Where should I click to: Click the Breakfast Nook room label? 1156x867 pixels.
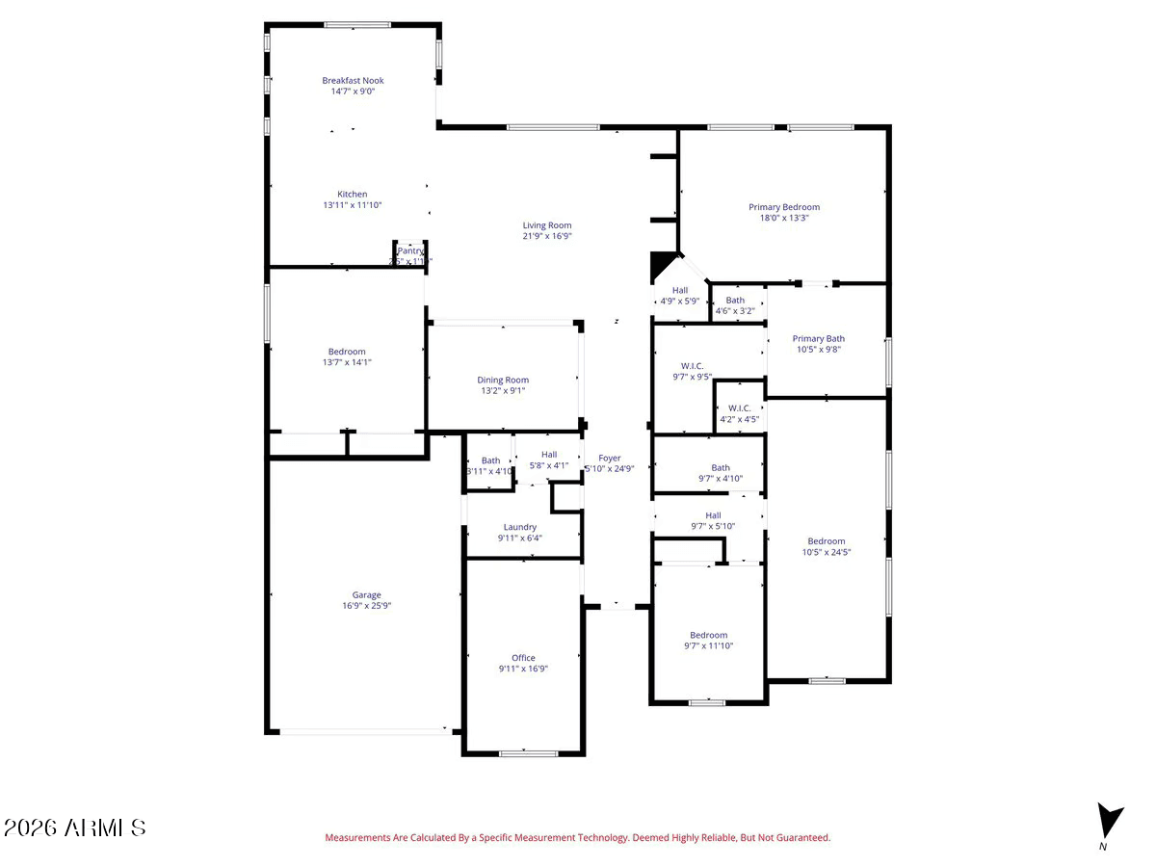353,81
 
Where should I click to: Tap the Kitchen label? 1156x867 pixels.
352,195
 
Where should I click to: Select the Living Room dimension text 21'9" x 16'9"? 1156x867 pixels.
547,236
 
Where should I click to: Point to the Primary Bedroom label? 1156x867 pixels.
784,207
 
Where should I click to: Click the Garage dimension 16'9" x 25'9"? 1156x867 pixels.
366,606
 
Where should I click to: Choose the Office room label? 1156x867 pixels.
523,658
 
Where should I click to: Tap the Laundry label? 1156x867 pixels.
519,527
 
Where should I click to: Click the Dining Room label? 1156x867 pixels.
503,380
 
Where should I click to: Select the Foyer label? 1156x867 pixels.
609,459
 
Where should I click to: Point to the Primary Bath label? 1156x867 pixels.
818,338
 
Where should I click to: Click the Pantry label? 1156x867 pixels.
410,250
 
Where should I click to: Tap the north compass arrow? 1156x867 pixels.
1109,822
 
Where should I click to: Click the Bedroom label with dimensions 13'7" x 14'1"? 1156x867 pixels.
346,352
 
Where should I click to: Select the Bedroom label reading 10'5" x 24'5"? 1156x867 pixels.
826,541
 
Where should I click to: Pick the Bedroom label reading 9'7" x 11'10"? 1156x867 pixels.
708,635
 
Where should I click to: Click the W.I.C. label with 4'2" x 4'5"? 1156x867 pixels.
739,407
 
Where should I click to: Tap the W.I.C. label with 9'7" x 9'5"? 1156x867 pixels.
692,366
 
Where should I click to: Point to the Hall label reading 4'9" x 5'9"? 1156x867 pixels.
680,290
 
